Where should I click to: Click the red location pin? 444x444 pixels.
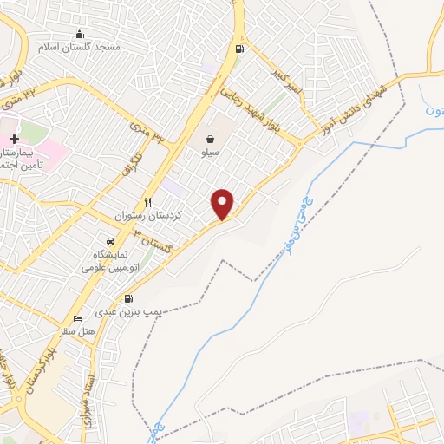pyautogui.click(x=223, y=204)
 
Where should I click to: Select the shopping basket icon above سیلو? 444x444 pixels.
pyautogui.click(x=211, y=139)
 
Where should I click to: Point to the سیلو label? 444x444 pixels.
pyautogui.click(x=210, y=152)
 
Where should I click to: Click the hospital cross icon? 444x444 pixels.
pyautogui.click(x=14, y=139)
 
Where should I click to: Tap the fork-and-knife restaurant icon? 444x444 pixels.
pyautogui.click(x=147, y=202)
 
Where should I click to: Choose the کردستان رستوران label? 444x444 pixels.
pyautogui.click(x=147, y=215)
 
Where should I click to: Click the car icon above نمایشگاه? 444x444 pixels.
pyautogui.click(x=110, y=241)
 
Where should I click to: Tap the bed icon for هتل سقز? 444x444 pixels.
pyautogui.click(x=78, y=318)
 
